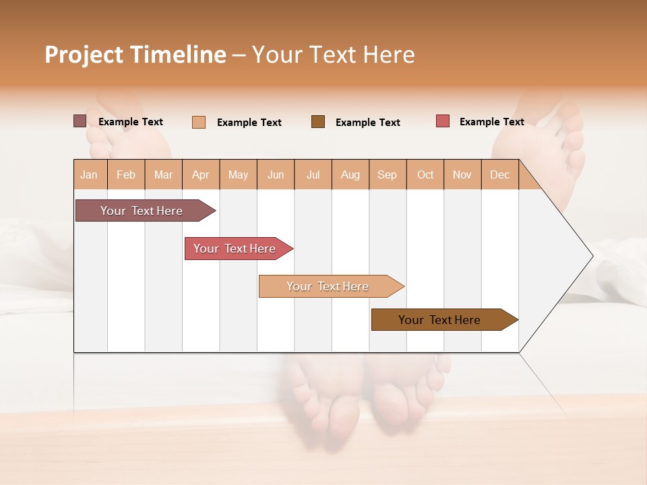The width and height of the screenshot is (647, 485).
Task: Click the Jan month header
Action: [90, 174]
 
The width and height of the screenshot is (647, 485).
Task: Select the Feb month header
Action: [126, 174]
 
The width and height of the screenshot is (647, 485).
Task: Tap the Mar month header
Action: [163, 174]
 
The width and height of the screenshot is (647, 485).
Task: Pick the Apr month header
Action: [201, 174]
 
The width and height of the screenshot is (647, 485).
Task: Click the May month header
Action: [238, 174]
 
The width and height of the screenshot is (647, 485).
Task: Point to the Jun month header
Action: [276, 174]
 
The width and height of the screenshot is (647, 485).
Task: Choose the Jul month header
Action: [313, 174]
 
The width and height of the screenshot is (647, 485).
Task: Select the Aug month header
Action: [350, 174]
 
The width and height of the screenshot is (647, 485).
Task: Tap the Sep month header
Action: [388, 174]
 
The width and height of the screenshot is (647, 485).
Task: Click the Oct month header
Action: [425, 174]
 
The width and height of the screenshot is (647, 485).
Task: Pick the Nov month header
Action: [462, 174]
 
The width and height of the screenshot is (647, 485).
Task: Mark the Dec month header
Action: [500, 174]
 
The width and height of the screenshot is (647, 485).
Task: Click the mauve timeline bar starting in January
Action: [142, 211]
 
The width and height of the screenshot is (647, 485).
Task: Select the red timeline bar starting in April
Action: [235, 249]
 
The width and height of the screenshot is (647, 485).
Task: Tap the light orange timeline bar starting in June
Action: [328, 286]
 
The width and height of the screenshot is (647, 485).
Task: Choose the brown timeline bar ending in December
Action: [441, 320]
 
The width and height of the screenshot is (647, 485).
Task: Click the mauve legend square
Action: [80, 121]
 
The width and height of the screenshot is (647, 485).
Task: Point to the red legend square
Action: [443, 121]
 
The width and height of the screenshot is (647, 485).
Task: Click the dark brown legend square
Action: [318, 122]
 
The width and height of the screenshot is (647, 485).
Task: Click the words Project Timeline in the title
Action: [135, 55]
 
